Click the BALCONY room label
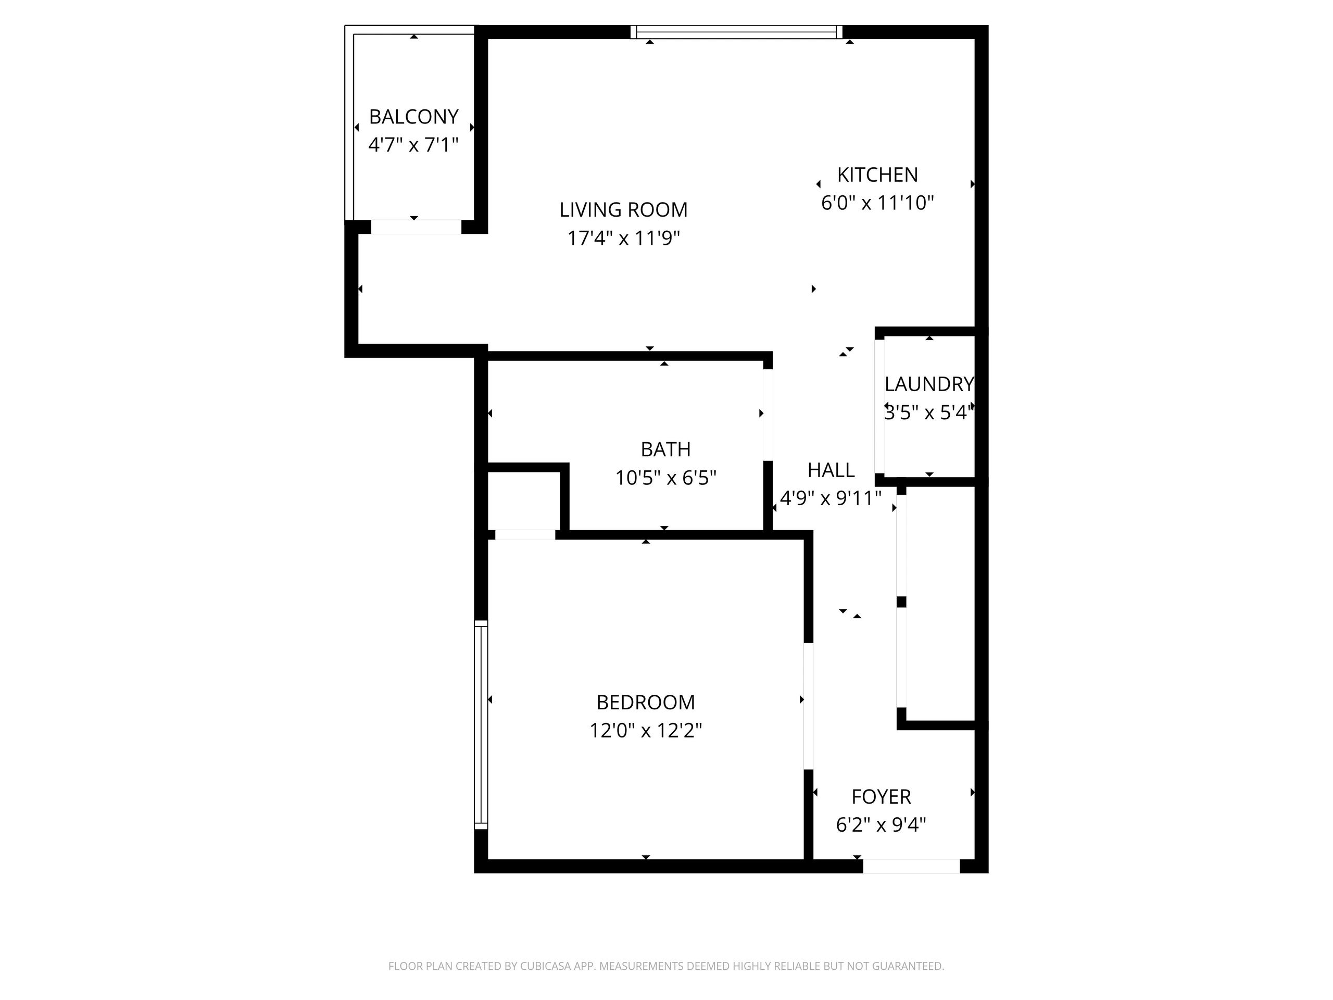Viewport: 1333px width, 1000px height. click(x=413, y=116)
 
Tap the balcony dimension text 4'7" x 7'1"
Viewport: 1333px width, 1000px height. click(x=413, y=145)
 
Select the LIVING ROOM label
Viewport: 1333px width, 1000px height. click(x=623, y=210)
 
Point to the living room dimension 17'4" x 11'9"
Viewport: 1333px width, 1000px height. click(x=623, y=238)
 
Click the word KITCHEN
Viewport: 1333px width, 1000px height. click(x=877, y=175)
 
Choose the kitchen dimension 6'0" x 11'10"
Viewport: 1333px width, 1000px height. click(x=877, y=203)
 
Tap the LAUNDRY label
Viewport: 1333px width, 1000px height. click(x=928, y=384)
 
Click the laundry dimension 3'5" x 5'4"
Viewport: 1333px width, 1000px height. click(x=928, y=413)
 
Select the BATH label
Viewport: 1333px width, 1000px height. click(x=665, y=449)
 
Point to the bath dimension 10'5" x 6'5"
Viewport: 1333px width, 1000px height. click(x=665, y=478)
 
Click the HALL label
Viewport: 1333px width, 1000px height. click(x=831, y=470)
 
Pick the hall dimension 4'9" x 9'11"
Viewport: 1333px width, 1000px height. click(x=831, y=498)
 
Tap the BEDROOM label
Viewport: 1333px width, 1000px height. click(x=645, y=702)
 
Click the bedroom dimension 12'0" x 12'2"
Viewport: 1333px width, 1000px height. click(x=645, y=731)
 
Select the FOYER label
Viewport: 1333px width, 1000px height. click(x=881, y=797)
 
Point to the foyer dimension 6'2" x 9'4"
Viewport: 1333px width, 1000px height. click(x=881, y=824)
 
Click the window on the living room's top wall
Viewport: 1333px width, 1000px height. click(x=736, y=32)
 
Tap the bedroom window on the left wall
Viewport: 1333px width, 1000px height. click(x=481, y=724)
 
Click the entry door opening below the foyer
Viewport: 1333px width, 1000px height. click(x=911, y=866)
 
